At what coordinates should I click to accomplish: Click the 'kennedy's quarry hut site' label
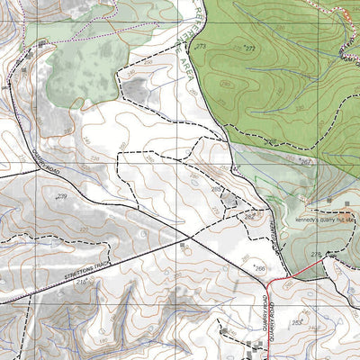(326, 218)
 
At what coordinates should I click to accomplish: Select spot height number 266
(259, 267)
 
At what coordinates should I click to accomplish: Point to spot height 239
(61, 195)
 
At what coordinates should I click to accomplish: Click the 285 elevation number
(216, 188)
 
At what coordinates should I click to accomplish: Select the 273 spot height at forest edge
(200, 46)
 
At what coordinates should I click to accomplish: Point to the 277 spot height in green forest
(249, 48)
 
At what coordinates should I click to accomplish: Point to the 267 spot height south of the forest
(304, 162)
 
